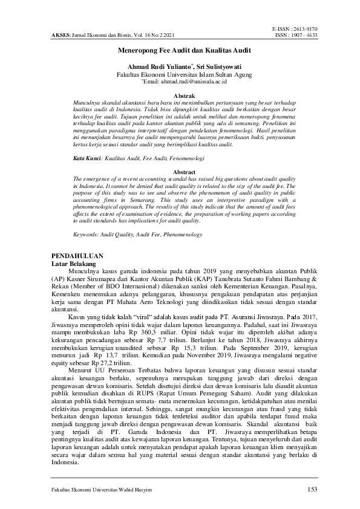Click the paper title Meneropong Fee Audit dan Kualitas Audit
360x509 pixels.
point(179,53)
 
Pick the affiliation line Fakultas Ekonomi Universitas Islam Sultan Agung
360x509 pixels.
point(180,74)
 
